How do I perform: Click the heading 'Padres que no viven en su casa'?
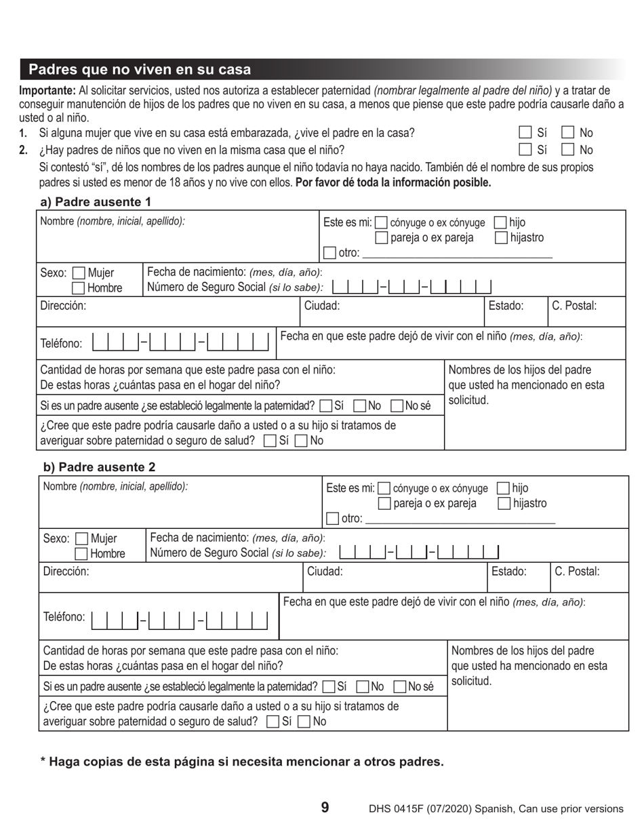click(x=140, y=70)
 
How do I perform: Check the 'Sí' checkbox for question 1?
click(x=525, y=133)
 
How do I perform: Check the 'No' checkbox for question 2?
click(x=568, y=150)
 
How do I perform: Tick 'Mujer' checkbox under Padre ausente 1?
click(x=79, y=273)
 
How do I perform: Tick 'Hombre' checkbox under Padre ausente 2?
click(x=82, y=553)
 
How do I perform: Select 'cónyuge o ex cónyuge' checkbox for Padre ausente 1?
click(x=381, y=222)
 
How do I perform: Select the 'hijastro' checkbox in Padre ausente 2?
click(x=504, y=503)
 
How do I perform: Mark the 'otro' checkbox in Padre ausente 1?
click(x=330, y=253)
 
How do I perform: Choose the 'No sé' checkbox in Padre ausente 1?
click(x=397, y=406)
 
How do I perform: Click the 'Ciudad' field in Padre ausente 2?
click(x=393, y=580)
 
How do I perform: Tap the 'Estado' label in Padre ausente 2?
click(x=508, y=571)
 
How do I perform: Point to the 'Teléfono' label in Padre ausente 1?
click(x=61, y=343)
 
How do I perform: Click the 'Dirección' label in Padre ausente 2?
click(x=66, y=571)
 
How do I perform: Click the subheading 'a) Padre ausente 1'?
click(x=96, y=201)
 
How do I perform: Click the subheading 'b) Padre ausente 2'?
click(x=99, y=467)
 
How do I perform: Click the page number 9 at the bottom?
click(x=325, y=807)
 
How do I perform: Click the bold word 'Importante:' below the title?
click(x=47, y=91)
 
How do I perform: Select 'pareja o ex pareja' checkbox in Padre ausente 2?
click(x=384, y=503)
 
